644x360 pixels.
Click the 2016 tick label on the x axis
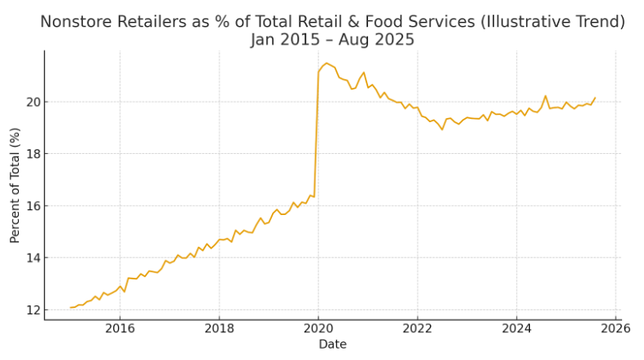120,329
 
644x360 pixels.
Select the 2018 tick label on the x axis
219,329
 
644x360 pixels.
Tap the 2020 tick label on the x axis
318,329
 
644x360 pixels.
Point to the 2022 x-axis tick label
418,329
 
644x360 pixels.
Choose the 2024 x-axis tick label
516,329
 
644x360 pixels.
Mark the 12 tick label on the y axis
30,310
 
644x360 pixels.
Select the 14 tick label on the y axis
30,258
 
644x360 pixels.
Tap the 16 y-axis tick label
30,206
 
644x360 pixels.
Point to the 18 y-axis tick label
30,154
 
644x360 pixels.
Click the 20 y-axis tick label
30,102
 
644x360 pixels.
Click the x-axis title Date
332,345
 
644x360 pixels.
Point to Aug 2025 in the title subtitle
379,40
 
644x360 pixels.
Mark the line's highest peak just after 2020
326,63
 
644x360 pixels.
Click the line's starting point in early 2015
71,308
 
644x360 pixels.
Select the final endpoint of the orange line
595,98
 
